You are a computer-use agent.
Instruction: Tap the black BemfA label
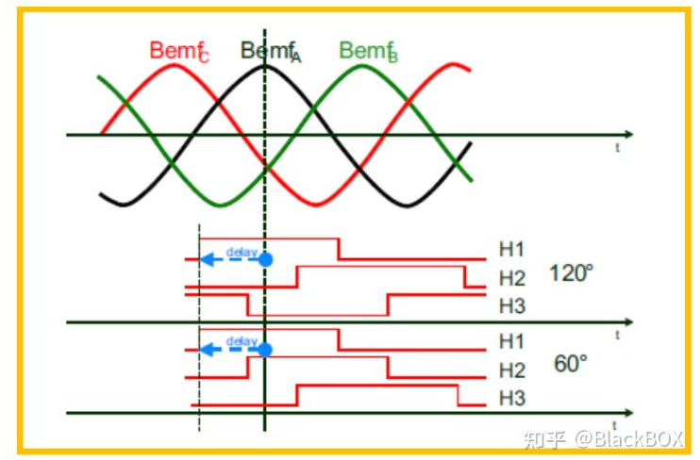(270, 52)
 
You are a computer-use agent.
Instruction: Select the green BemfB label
(368, 52)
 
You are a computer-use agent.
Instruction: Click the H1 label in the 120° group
(511, 250)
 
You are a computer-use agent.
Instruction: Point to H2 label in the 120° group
(511, 278)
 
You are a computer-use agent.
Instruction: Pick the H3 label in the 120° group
(511, 306)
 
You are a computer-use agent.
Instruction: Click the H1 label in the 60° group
(511, 340)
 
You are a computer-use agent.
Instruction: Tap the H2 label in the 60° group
(511, 370)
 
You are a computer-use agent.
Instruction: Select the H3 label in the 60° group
(511, 399)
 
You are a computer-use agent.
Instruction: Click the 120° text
(572, 275)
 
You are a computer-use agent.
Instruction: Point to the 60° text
(572, 364)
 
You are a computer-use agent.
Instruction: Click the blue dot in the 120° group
(266, 258)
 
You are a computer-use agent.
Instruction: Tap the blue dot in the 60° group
(266, 350)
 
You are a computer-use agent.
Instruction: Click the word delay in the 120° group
(242, 251)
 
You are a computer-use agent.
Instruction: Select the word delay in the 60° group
(242, 341)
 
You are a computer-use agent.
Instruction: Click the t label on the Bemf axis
(617, 148)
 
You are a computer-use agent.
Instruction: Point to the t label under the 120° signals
(617, 335)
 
